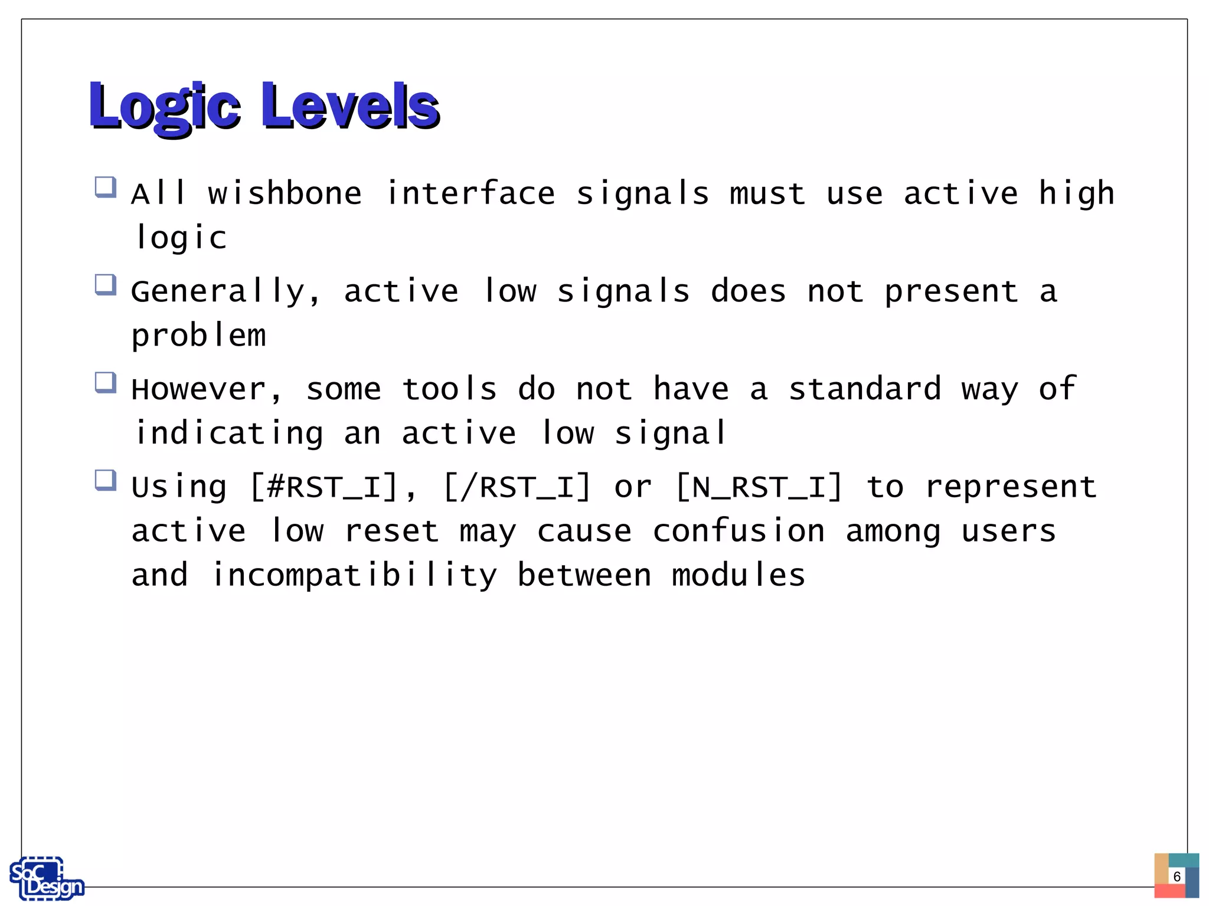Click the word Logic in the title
coord(165,106)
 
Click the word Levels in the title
coord(350,106)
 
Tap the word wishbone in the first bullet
coord(285,194)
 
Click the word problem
coord(198,336)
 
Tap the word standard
coord(865,389)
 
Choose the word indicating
coord(229,434)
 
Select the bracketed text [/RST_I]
coord(517,488)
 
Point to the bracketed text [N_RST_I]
coord(759,488)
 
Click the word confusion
coord(739,531)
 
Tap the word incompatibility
coord(354,576)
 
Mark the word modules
coord(739,576)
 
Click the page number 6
coord(1177,876)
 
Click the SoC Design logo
coord(46,878)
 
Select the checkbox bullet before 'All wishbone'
coord(106,188)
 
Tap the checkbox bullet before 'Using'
coord(106,480)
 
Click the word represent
coord(1011,488)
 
